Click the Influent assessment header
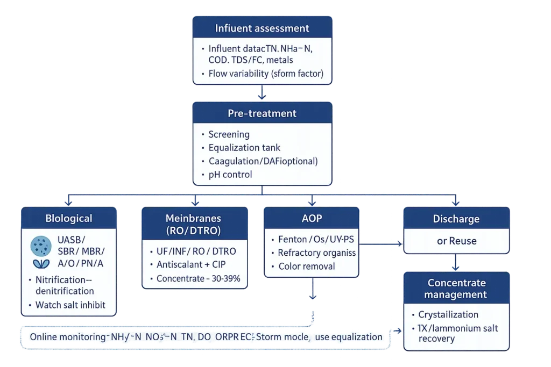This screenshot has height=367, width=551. click(262, 28)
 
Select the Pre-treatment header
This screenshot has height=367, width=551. click(262, 113)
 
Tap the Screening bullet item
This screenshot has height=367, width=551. click(229, 134)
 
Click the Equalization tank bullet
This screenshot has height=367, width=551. click(244, 148)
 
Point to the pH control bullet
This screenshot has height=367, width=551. click(230, 175)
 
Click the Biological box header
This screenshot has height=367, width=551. click(69, 218)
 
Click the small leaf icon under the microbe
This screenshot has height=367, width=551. click(39, 264)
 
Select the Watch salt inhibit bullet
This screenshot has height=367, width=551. click(70, 305)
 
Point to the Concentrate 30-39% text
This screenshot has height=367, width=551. click(198, 278)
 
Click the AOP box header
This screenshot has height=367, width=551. click(312, 218)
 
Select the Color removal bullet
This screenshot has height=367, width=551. click(306, 266)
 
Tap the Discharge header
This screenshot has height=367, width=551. click(456, 219)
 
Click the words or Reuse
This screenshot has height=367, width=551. click(456, 241)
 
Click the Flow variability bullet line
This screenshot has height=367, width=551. click(266, 74)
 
